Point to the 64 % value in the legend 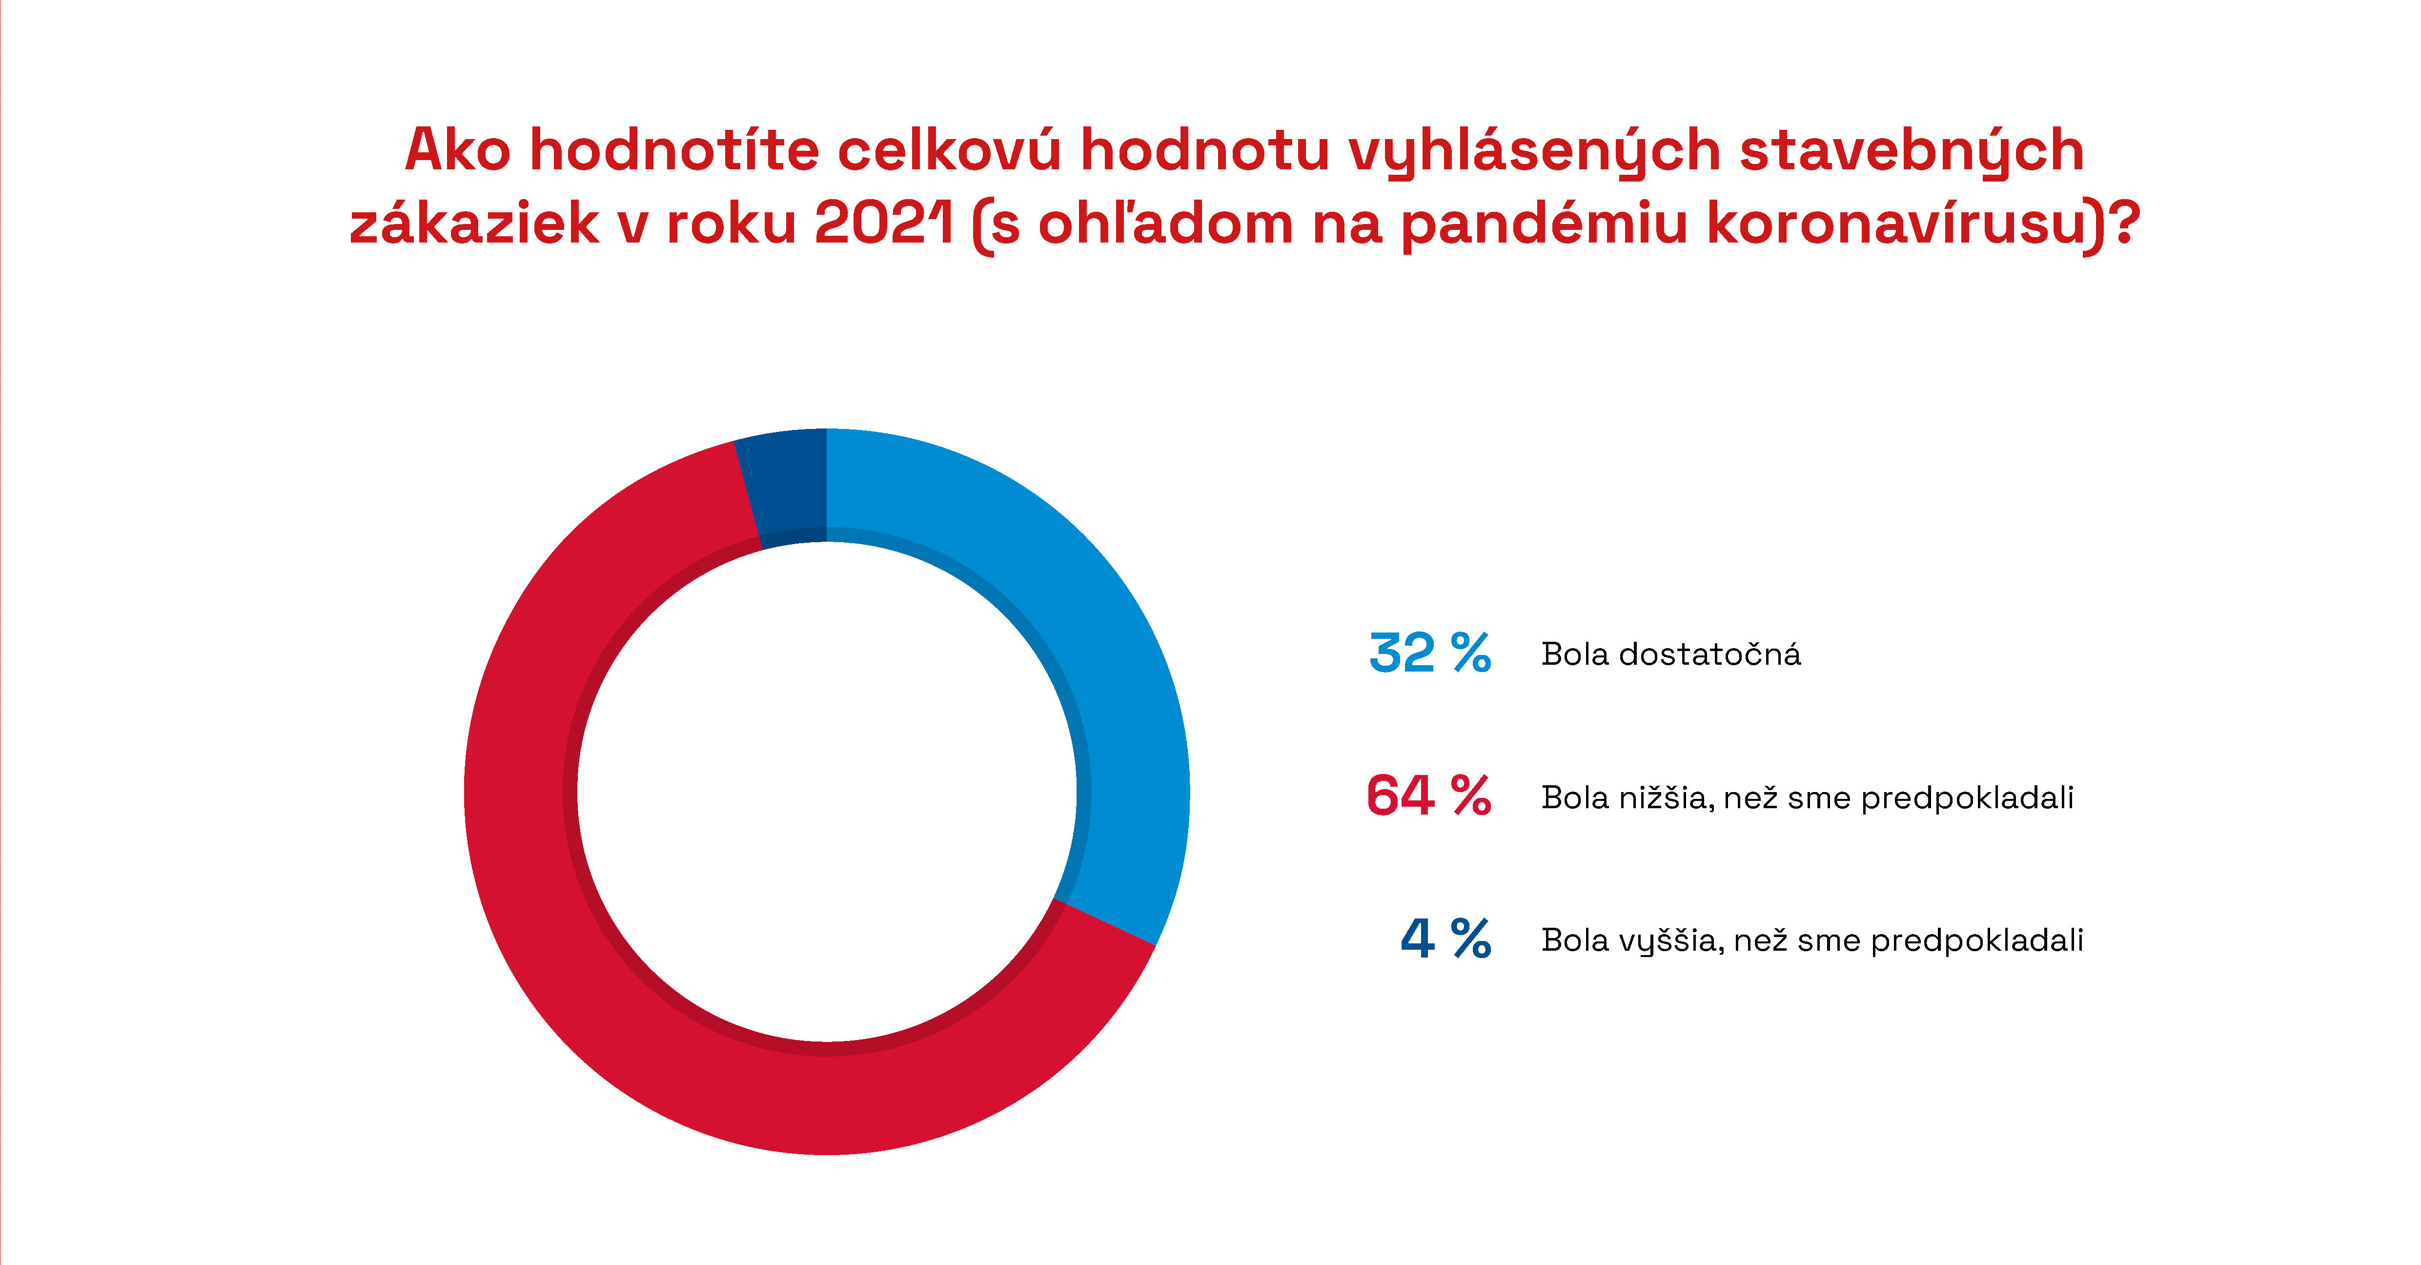point(1428,796)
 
